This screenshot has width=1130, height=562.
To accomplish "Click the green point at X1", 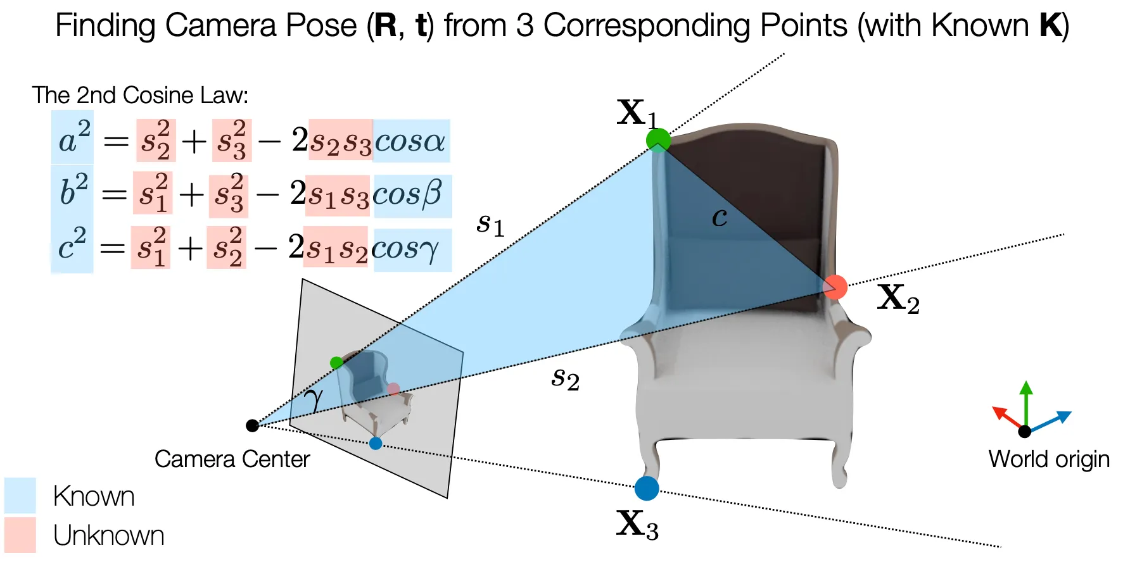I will tap(658, 139).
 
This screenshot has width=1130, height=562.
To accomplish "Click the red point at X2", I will tap(835, 287).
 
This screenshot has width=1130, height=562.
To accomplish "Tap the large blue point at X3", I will tap(647, 488).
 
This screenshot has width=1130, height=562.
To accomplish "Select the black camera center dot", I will tap(252, 425).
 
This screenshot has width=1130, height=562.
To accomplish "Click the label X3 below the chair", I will tap(637, 525).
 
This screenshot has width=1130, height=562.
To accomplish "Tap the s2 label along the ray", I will tap(565, 379).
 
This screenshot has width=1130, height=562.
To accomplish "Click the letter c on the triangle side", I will tap(719, 217).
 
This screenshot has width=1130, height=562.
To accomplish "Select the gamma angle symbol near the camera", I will tap(313, 399).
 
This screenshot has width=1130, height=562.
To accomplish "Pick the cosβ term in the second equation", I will tap(412, 194).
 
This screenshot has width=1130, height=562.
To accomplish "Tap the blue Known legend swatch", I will tap(20, 495).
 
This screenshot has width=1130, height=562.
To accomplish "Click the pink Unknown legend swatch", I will tap(20, 535).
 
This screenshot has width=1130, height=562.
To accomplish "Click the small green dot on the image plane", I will tap(336, 363).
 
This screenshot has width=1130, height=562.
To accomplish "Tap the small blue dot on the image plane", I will tap(376, 443).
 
